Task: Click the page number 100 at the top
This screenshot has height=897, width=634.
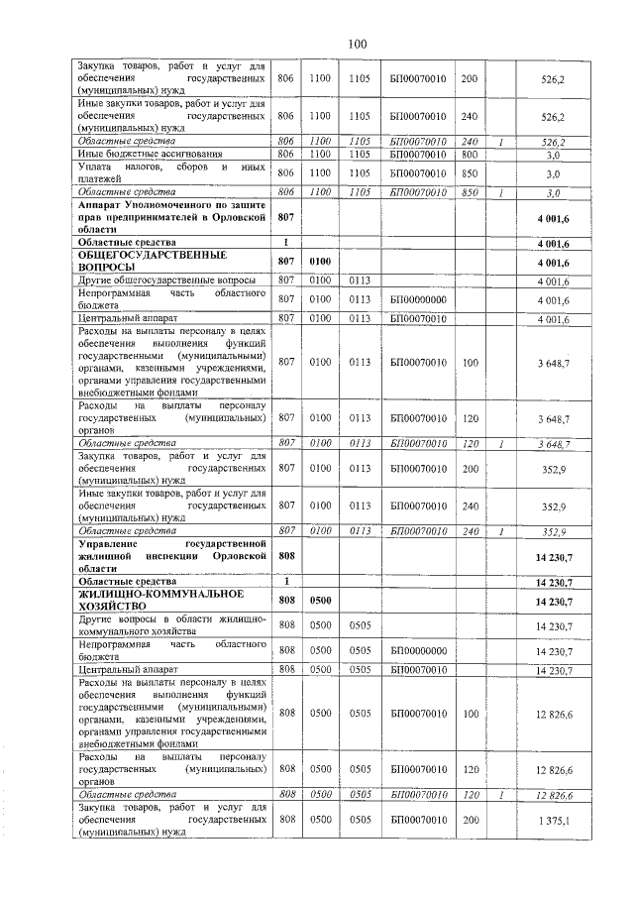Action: (358, 43)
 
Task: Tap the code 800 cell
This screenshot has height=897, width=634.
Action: (470, 154)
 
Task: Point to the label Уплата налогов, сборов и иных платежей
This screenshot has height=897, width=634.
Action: (171, 172)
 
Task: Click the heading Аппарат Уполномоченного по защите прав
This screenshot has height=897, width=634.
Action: (171, 215)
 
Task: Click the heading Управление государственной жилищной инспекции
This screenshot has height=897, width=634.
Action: (171, 557)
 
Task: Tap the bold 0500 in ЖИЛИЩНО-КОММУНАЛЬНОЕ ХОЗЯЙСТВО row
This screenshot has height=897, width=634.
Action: (319, 600)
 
